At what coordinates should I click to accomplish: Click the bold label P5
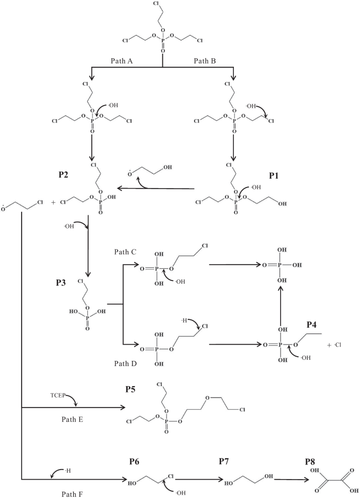point(131,389)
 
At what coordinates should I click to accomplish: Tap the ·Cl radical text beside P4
point(333,345)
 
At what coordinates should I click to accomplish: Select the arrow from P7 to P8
point(289,479)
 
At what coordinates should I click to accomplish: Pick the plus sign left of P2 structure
point(53,202)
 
